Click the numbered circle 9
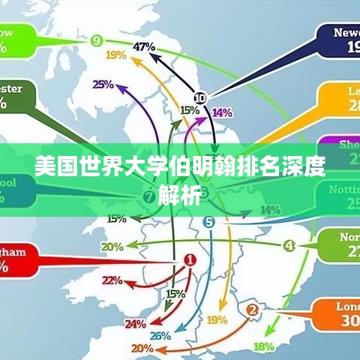97,40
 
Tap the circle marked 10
199,97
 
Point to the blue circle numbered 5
208,221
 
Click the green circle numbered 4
289,246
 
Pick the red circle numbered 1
190,260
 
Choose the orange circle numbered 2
253,309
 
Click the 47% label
144,46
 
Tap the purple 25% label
103,85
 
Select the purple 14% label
222,112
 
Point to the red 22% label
112,280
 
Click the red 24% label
135,324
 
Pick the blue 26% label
160,336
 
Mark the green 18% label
263,346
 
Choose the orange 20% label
142,348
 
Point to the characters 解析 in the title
180,196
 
